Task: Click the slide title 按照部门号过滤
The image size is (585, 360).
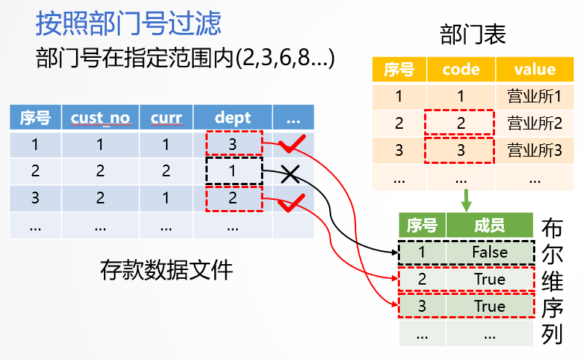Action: (x=128, y=24)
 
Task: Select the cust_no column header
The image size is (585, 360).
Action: (x=100, y=117)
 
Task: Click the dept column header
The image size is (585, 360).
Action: (x=233, y=117)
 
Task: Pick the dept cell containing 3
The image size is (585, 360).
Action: (x=233, y=144)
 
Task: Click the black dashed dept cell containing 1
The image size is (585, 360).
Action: (x=233, y=171)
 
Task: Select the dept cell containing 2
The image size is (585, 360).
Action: (x=233, y=198)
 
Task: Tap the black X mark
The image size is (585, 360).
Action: (x=290, y=174)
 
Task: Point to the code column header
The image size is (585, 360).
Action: (x=461, y=70)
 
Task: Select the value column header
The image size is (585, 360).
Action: (x=535, y=70)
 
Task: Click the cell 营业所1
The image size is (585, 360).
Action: (x=535, y=97)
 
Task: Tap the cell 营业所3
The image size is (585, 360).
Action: (x=535, y=151)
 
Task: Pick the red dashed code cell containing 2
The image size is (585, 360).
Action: (x=461, y=124)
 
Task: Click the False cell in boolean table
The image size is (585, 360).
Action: (x=489, y=252)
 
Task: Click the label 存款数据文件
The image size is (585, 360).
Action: (x=166, y=270)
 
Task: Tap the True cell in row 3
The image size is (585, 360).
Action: (x=489, y=306)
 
